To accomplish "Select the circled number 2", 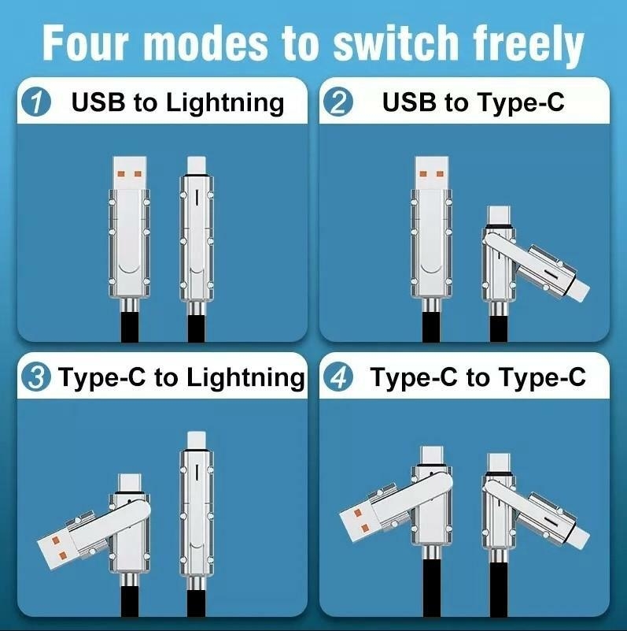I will click(x=339, y=103).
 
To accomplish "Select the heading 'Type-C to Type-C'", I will click(x=478, y=377).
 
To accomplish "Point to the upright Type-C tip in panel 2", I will click(x=498, y=216).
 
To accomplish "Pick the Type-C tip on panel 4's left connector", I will click(x=431, y=457).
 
